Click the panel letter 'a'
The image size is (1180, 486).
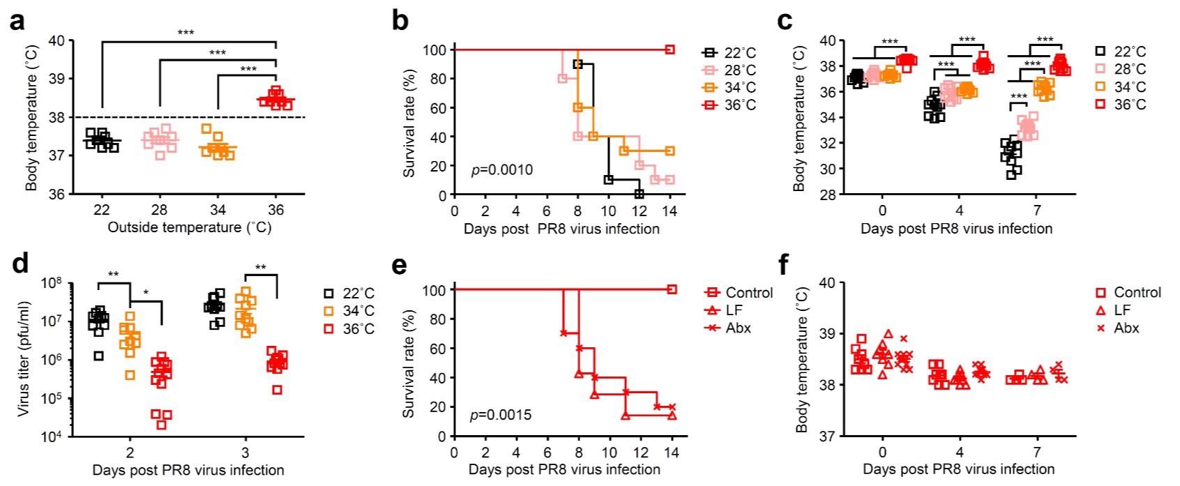click(17, 22)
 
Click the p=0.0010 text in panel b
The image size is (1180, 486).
click(503, 169)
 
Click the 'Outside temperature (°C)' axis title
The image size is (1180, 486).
click(189, 227)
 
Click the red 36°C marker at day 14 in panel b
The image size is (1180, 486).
click(670, 50)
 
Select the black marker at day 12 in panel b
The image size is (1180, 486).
click(639, 194)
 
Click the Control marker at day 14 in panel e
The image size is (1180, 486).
click(672, 289)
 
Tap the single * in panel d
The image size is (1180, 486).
click(145, 293)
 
